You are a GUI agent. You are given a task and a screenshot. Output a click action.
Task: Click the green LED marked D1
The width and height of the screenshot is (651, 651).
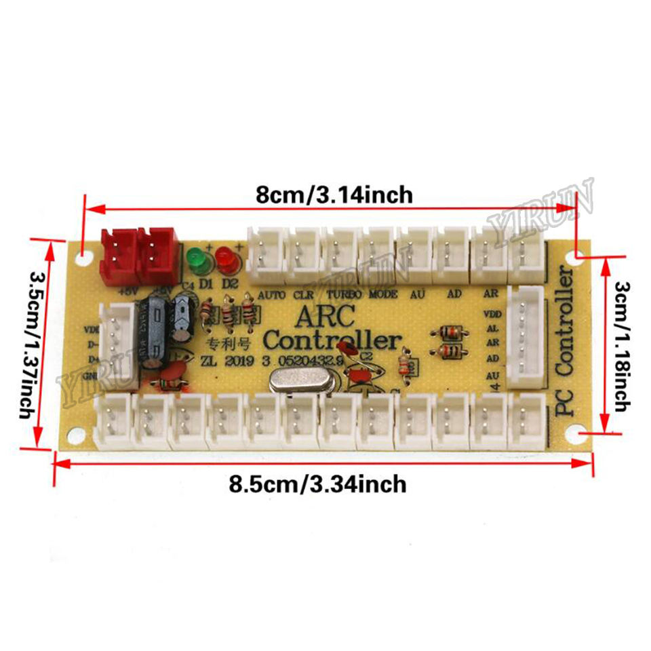[x=195, y=260]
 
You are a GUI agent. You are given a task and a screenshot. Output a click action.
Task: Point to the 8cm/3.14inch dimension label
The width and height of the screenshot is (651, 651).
[x=334, y=195]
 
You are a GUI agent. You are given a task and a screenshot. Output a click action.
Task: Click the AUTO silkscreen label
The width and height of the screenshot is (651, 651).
[x=272, y=295]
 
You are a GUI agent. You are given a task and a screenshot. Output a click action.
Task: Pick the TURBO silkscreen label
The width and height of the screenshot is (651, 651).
[x=344, y=295]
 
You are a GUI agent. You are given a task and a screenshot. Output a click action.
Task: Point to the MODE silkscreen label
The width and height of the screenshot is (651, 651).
[x=383, y=295]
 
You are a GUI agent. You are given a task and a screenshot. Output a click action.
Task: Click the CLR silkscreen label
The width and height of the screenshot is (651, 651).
[x=303, y=295]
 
